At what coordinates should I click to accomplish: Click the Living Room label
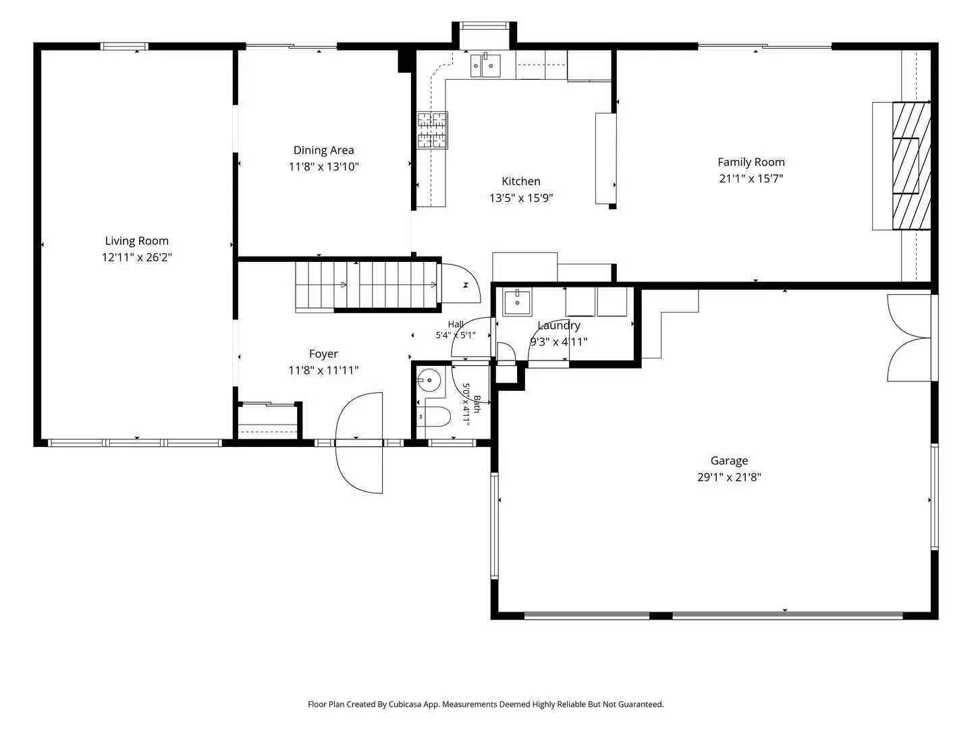136,241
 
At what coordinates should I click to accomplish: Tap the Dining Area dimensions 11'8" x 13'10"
324,167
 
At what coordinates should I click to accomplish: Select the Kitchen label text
520,181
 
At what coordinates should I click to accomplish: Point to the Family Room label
751,163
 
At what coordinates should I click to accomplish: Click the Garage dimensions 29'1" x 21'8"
729,477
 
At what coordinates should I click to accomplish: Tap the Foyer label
323,354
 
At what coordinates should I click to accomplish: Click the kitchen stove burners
432,130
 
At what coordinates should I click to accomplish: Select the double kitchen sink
485,65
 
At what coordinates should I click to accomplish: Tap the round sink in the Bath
429,380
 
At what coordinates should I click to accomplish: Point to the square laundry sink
517,302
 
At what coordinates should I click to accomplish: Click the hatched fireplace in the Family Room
911,165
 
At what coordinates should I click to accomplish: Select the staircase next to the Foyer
367,285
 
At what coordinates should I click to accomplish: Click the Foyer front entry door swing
359,443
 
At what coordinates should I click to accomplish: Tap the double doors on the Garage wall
909,338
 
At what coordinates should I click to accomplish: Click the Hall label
456,325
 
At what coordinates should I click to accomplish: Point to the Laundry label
559,326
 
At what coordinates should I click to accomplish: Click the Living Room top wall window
124,46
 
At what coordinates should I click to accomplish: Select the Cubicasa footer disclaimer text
486,704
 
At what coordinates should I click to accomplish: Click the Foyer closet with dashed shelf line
267,421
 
